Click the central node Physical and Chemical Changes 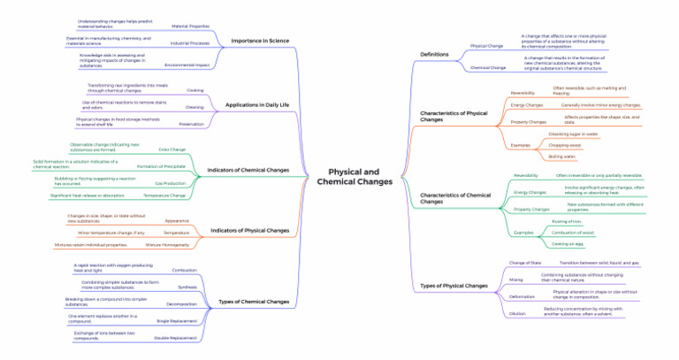pyautogui.click(x=354, y=176)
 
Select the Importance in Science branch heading pyautogui.click(x=259, y=41)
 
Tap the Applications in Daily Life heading pyautogui.click(x=257, y=104)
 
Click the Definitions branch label pyautogui.click(x=434, y=55)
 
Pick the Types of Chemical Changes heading pyautogui.click(x=254, y=302)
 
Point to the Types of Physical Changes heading pyautogui.click(x=454, y=286)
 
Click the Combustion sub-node pyautogui.click(x=184, y=270)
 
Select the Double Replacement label pyautogui.click(x=176, y=338)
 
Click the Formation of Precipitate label pyautogui.click(x=161, y=166)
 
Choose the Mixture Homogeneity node pyautogui.click(x=167, y=244)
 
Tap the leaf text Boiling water pyautogui.click(x=561, y=157)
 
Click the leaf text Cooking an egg pyautogui.click(x=567, y=243)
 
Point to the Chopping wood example pyautogui.click(x=564, y=145)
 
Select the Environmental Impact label pyautogui.click(x=187, y=65)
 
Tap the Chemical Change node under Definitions pyautogui.click(x=488, y=67)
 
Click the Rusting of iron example pyautogui.click(x=567, y=221)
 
